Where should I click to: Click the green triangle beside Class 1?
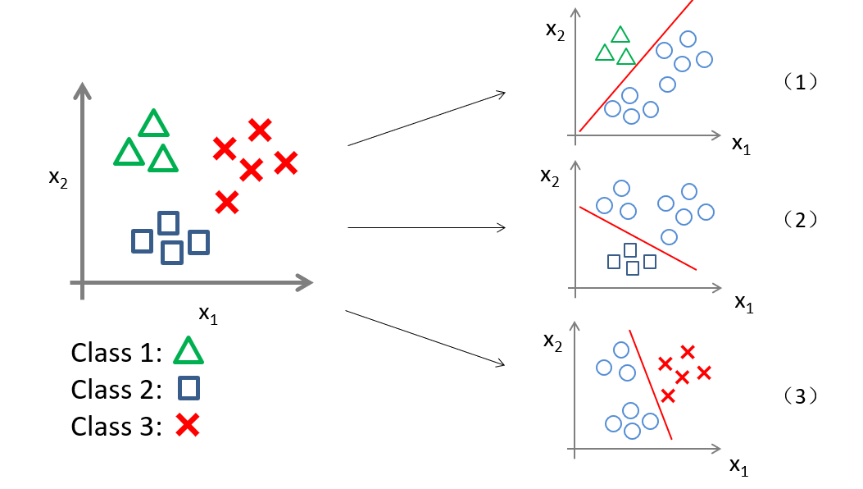188,351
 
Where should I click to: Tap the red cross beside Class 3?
188,425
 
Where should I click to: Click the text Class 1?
116,353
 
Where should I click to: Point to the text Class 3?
116,426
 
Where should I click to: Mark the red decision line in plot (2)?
638,237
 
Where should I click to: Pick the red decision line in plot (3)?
651,384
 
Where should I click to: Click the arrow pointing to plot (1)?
426,120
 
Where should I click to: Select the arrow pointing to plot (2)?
426,227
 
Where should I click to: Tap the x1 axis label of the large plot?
208,314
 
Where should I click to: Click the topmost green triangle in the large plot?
153,124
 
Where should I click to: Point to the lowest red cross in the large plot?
227,201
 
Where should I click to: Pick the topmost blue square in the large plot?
168,222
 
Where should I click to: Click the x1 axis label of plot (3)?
739,466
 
